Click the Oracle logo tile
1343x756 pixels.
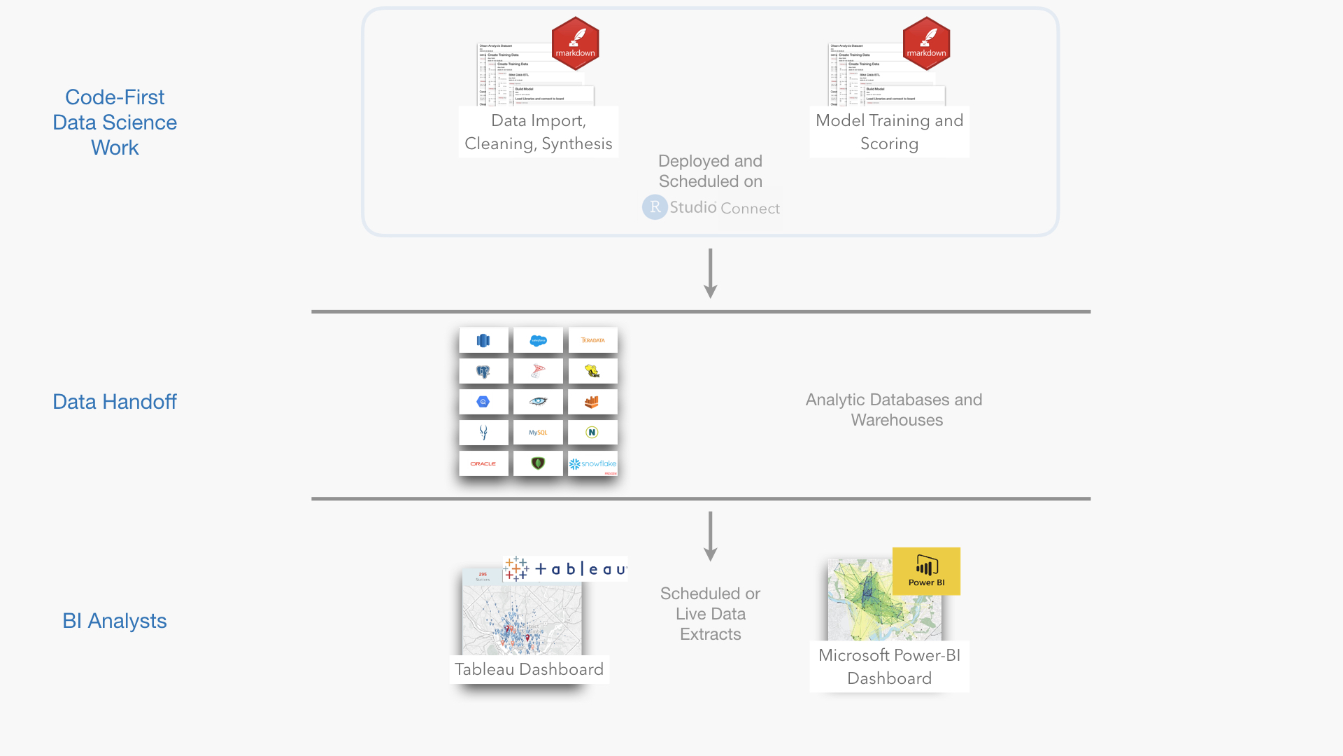click(x=483, y=463)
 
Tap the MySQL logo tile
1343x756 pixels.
click(x=538, y=433)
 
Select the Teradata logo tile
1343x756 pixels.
click(x=592, y=340)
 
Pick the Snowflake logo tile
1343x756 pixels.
click(x=592, y=463)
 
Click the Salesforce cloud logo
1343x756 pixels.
click(x=538, y=340)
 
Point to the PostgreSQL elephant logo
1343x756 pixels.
click(x=483, y=371)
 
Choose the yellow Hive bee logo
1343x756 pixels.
click(x=592, y=371)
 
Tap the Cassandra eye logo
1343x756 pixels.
click(x=538, y=402)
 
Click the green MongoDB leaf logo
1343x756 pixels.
click(x=538, y=463)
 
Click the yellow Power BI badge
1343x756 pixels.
click(x=926, y=571)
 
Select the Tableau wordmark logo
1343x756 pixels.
click(x=565, y=569)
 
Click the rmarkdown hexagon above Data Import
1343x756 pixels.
click(x=575, y=43)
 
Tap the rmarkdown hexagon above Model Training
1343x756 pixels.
click(x=926, y=43)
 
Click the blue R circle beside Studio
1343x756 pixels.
click(x=655, y=207)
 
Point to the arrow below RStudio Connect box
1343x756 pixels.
click(x=711, y=274)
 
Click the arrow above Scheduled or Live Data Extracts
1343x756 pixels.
click(x=711, y=536)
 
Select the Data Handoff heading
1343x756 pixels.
click(x=115, y=402)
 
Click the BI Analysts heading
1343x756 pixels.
click(x=115, y=621)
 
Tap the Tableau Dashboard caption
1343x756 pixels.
click(x=529, y=669)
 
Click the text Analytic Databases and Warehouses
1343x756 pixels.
click(x=894, y=409)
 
